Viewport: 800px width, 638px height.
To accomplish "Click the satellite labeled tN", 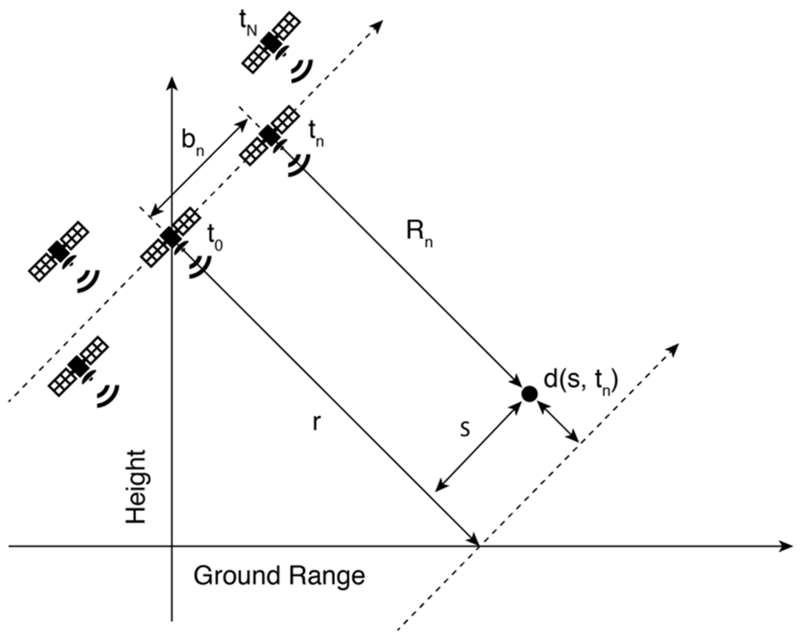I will [272, 42].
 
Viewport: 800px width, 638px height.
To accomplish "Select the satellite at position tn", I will [269, 136].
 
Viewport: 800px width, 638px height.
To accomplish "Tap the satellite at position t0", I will [170, 237].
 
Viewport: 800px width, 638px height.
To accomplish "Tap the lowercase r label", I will [316, 423].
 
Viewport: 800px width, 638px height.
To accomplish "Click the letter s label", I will [466, 428].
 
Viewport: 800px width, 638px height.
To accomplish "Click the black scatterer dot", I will [529, 394].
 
